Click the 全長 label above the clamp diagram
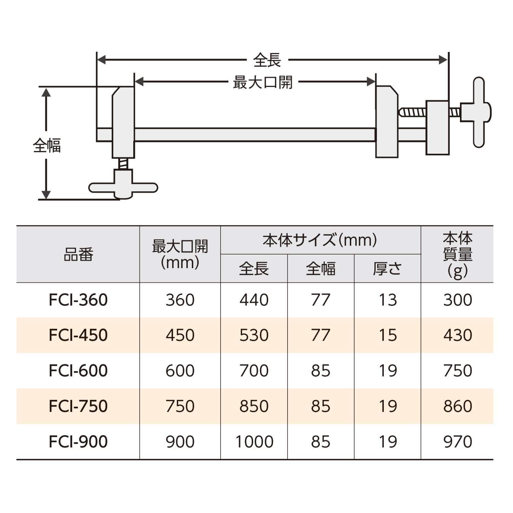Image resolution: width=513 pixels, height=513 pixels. [267, 61]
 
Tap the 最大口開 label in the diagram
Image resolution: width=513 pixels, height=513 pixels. [263, 82]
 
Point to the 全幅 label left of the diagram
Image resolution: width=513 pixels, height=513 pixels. [47, 145]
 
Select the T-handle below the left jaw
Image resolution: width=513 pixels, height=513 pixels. [123, 187]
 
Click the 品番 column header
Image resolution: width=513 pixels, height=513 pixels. [78, 254]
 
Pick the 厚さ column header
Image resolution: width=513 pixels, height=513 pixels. [387, 269]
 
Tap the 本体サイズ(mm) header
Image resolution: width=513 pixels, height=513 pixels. [320, 240]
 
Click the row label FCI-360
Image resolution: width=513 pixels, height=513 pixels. [78, 300]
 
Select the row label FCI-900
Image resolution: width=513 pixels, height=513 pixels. [78, 442]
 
